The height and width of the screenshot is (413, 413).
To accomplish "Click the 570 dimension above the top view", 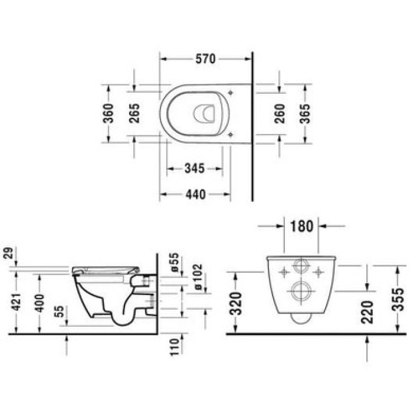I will pyautogui.click(x=205, y=58).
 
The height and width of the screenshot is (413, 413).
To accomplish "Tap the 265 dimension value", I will pyautogui.click(x=134, y=112).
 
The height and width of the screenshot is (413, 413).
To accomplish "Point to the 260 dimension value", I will pyautogui.click(x=280, y=113).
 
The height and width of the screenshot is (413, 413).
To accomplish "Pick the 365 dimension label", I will pyautogui.click(x=305, y=113).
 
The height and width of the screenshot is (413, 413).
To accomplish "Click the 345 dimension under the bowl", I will pyautogui.click(x=194, y=169).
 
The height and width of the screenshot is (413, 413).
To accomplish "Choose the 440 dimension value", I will pyautogui.click(x=194, y=194).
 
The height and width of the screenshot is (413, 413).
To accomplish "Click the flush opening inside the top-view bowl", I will pyautogui.click(x=204, y=112).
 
